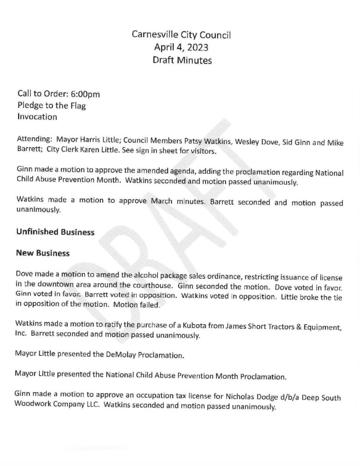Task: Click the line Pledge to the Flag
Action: click(x=51, y=106)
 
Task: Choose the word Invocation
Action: click(x=37, y=117)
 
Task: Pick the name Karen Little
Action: click(x=102, y=150)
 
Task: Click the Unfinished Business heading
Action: click(x=55, y=232)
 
